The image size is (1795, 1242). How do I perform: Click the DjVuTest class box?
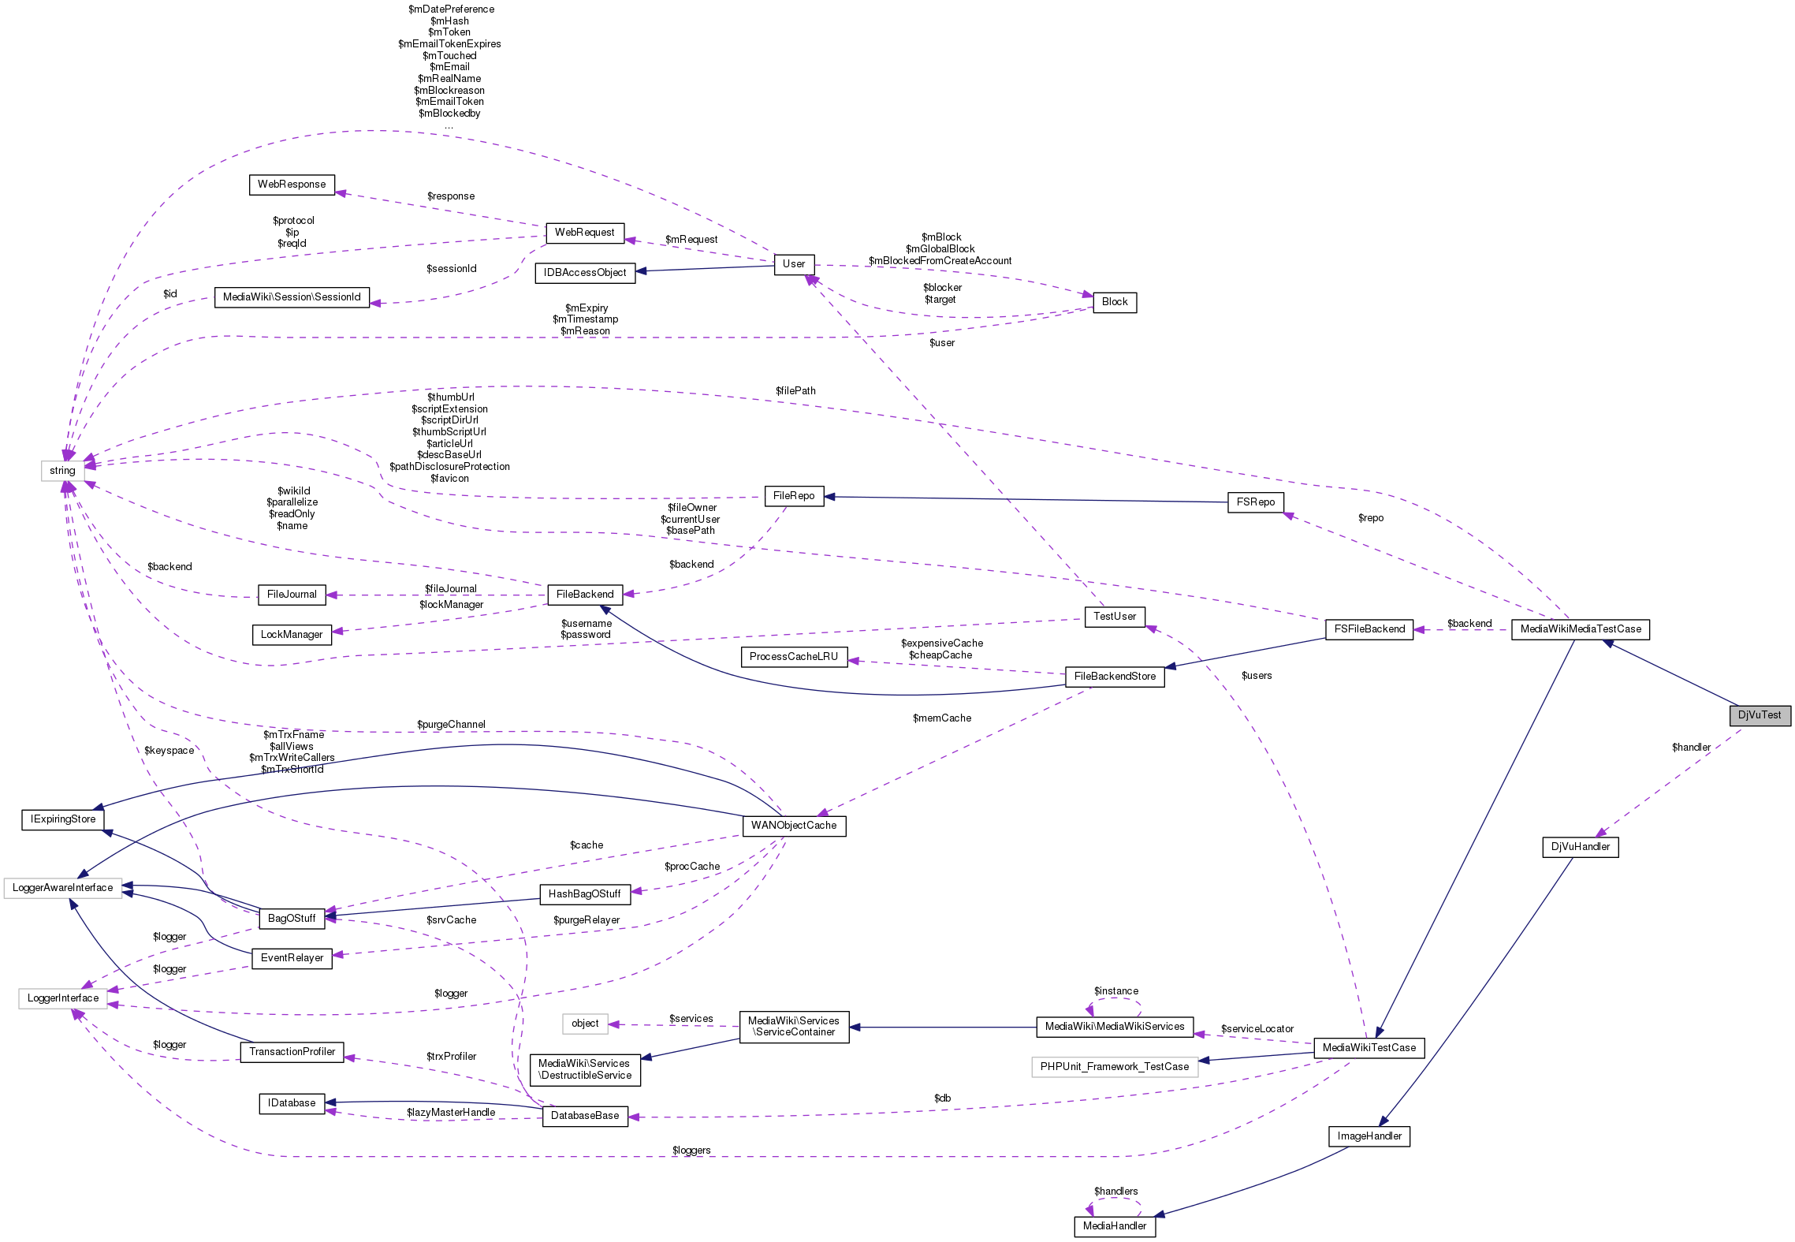click(x=1759, y=715)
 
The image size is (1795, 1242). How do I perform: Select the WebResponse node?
click(x=292, y=185)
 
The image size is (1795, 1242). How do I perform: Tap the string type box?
click(x=62, y=471)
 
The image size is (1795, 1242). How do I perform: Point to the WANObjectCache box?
click(x=793, y=826)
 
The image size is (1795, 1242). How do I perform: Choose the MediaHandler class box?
click(x=1114, y=1226)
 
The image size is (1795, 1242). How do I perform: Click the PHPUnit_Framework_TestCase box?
click(x=1114, y=1067)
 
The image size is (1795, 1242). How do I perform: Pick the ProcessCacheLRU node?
click(x=793, y=657)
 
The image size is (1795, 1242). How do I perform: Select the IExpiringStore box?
click(x=63, y=819)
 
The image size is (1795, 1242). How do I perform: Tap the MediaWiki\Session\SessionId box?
click(x=292, y=297)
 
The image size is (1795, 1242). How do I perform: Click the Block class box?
click(x=1114, y=302)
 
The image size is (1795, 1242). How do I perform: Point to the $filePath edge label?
click(x=795, y=391)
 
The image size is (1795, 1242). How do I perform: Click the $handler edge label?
click(x=1691, y=748)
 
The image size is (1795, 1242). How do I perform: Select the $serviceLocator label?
click(x=1257, y=1029)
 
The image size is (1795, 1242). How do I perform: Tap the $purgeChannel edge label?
click(x=451, y=725)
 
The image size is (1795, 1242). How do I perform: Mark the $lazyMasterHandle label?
click(x=451, y=1113)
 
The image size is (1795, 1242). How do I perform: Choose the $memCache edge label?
click(x=941, y=718)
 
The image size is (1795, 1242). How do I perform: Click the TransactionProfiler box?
click(x=292, y=1052)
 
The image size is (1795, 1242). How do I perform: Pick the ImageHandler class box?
click(x=1369, y=1136)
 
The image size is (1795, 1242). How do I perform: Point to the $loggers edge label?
click(x=691, y=1151)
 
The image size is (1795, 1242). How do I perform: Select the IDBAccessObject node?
click(x=584, y=273)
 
